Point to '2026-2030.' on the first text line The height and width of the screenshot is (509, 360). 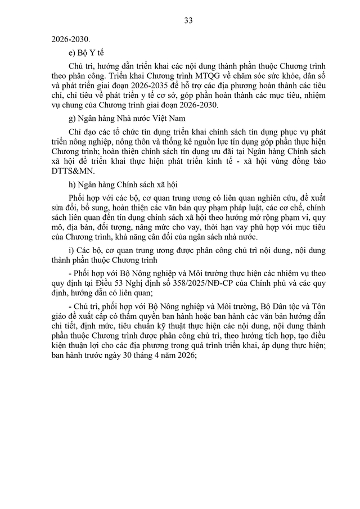(x=70, y=39)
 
